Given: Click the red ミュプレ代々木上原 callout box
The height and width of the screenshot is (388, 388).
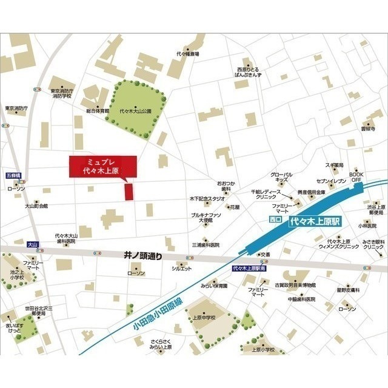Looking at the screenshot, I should [x=102, y=167].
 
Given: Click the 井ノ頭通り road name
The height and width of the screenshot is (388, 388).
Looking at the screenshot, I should [x=143, y=256].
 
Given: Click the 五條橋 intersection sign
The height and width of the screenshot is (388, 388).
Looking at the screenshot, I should [x=13, y=175].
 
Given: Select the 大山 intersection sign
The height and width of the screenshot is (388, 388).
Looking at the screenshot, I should [x=33, y=244].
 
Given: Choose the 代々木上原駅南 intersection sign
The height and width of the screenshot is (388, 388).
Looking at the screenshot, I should [x=250, y=267].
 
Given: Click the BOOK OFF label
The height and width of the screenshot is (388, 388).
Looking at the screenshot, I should [x=357, y=176].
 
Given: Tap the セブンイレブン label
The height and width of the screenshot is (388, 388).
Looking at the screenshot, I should [x=331, y=181].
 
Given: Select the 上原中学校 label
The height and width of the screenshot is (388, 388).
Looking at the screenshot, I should [x=205, y=316].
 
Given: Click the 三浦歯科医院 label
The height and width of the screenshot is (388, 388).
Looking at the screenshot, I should [x=205, y=245].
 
